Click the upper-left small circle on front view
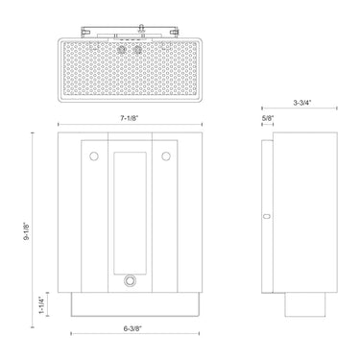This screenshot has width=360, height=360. click(93, 156)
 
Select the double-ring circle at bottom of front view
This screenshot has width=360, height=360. click(129, 281)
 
